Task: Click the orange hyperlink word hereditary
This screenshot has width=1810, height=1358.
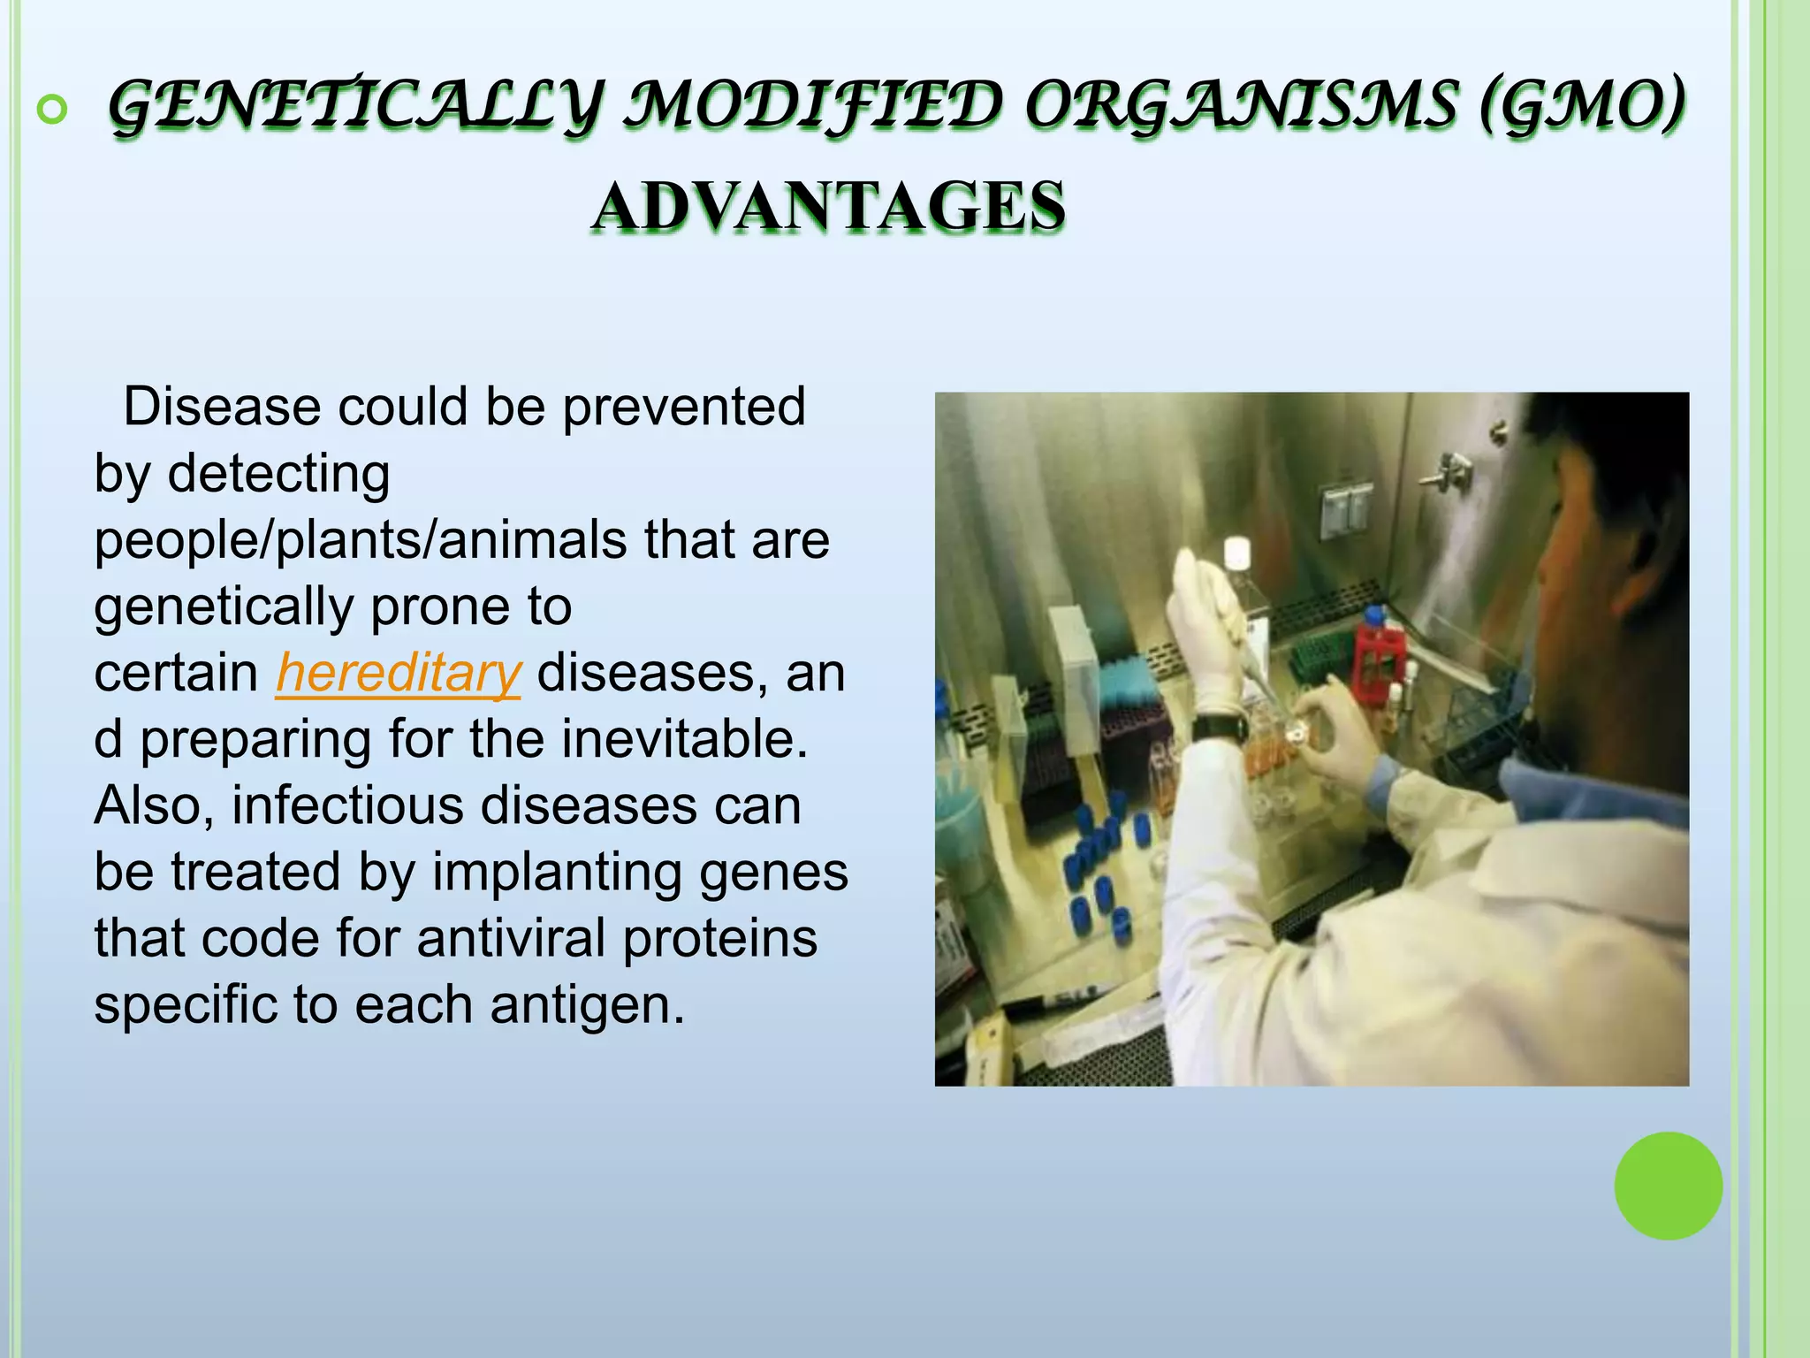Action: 398,674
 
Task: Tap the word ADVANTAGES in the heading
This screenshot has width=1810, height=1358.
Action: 828,206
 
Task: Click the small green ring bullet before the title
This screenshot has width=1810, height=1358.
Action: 52,110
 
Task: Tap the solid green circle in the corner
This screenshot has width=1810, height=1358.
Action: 1668,1186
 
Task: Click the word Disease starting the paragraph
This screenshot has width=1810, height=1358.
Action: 221,408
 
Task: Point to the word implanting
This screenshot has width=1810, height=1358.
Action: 556,873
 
